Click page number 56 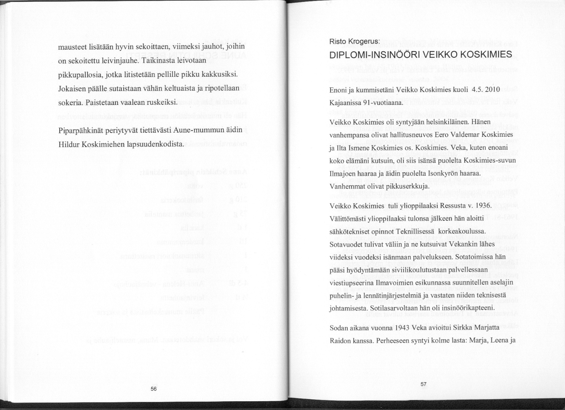click(154, 389)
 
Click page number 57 click(424, 384)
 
